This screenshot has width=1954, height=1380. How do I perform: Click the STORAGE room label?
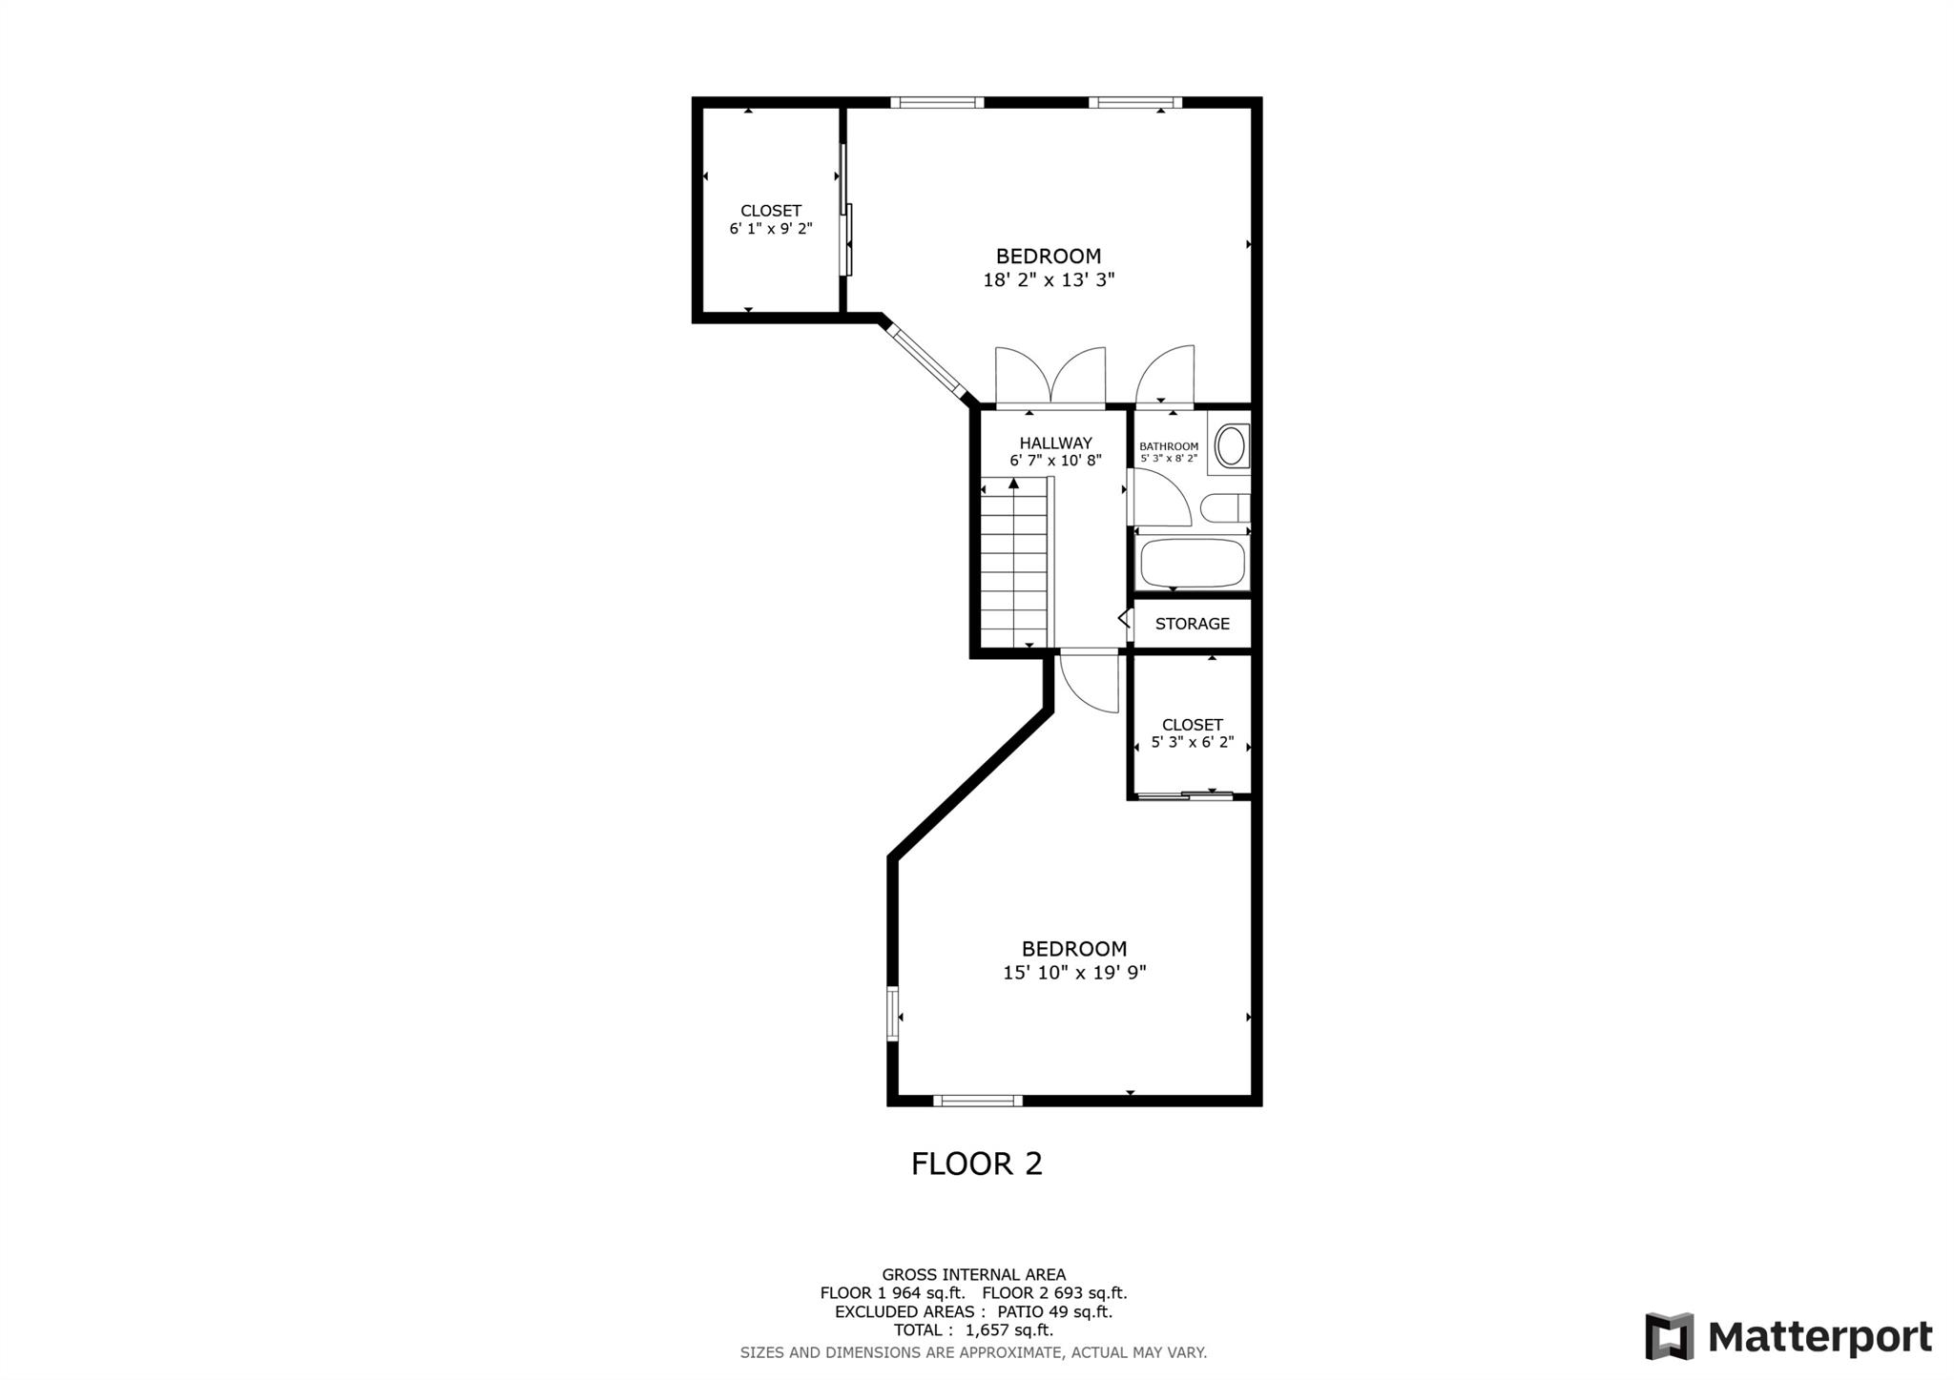(x=1192, y=624)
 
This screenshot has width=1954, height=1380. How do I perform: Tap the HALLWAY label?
(x=1055, y=443)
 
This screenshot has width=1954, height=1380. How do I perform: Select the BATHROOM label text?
(x=1169, y=446)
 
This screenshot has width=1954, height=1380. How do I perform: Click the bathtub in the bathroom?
(x=1194, y=564)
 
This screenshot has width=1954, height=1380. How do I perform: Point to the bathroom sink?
(x=1230, y=446)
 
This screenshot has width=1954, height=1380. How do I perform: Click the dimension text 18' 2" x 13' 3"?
(x=1049, y=280)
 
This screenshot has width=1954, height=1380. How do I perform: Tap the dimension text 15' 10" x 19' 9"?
(x=1074, y=973)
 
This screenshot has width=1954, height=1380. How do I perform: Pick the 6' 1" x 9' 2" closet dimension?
(x=771, y=229)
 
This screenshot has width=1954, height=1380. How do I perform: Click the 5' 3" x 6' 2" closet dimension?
(x=1193, y=742)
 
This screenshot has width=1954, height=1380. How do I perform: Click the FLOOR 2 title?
(x=977, y=1164)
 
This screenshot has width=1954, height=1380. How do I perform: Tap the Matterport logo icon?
(x=1669, y=1336)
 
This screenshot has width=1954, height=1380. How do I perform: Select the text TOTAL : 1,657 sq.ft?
(x=973, y=1330)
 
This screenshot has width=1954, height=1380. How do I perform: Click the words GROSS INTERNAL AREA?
(x=973, y=1274)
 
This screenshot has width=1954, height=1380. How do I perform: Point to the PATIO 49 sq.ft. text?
(x=1054, y=1311)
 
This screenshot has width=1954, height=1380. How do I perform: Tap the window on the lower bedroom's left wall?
(x=893, y=1013)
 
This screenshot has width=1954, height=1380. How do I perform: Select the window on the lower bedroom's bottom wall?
(x=978, y=1101)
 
